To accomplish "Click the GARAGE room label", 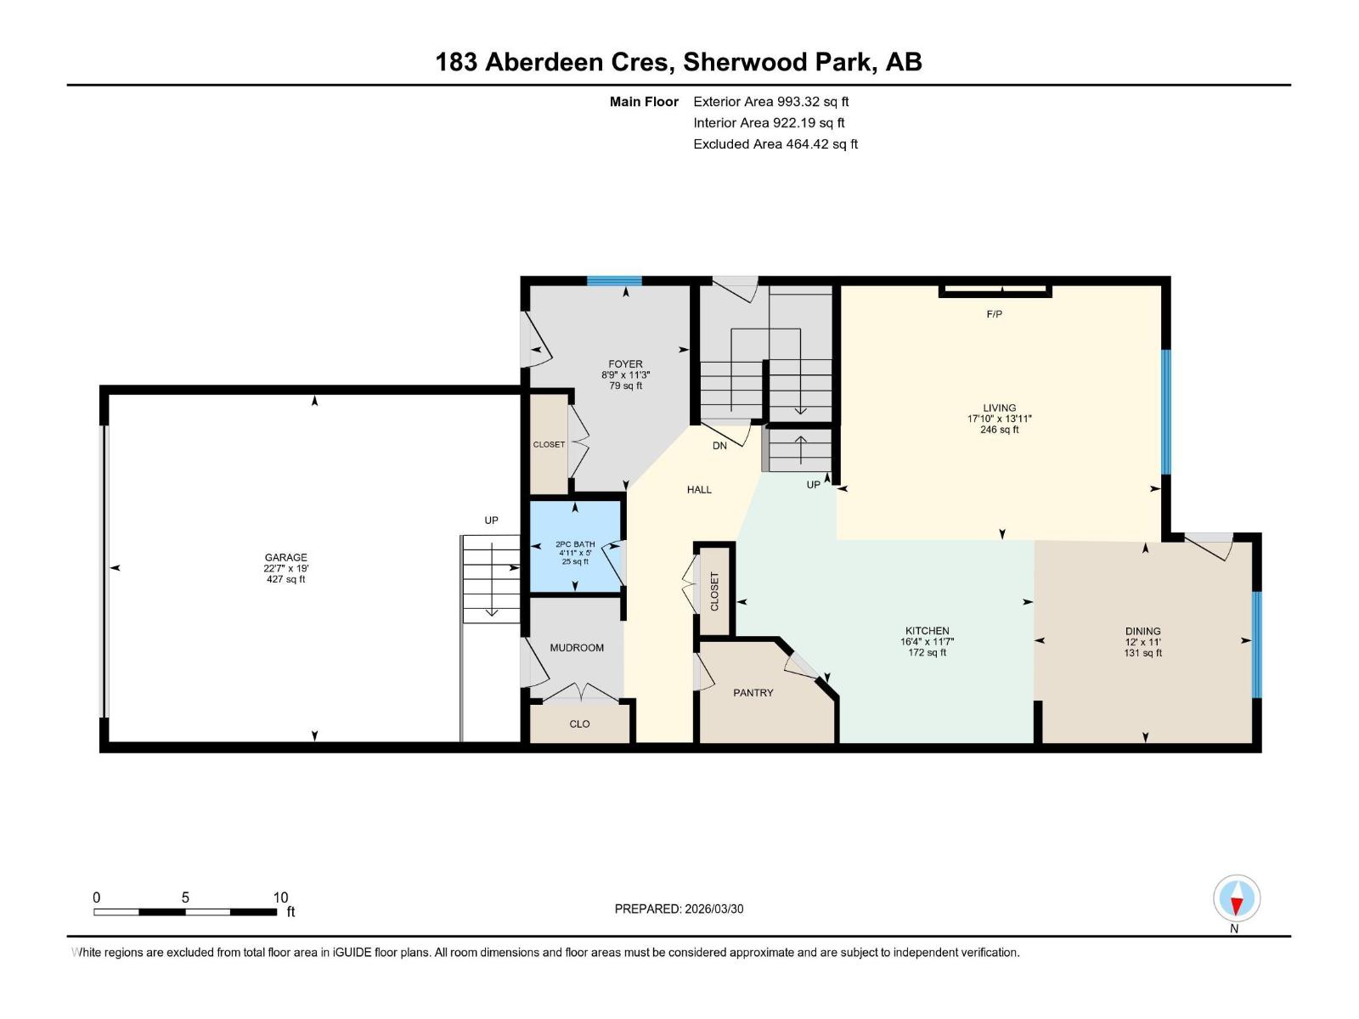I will (285, 558).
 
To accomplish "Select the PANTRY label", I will (753, 693).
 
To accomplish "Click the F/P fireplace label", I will (994, 314).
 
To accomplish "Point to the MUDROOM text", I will (577, 648).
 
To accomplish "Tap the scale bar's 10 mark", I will (280, 898).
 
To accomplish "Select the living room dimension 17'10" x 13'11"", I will (999, 419).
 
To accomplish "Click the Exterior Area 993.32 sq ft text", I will (770, 102).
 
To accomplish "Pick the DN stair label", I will (719, 446).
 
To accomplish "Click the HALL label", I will (699, 490).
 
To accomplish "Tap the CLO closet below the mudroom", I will (579, 724).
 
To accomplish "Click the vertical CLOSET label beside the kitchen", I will (714, 591).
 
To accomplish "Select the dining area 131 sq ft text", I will (1142, 653).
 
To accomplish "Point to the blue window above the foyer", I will (614, 281).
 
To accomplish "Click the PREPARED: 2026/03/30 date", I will (679, 909).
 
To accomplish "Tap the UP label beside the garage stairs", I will (491, 521).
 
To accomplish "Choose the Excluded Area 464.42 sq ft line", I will (775, 144).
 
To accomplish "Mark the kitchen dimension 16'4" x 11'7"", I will (927, 642).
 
